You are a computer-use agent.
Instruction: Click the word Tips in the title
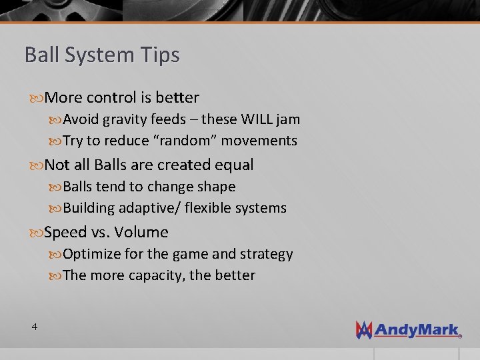[161, 55]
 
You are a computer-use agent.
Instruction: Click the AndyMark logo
[408, 329]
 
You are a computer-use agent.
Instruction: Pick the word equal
[233, 165]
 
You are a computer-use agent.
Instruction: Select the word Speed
[65, 232]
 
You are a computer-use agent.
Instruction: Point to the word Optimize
[92, 254]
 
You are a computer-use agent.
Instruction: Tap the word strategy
[266, 254]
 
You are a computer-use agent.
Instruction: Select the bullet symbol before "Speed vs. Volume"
[37, 233]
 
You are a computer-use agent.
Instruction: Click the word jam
[289, 119]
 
